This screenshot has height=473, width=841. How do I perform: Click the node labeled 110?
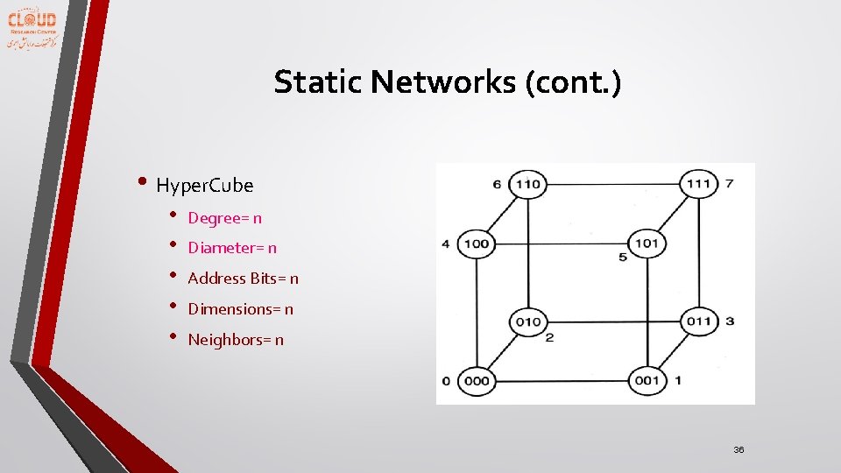pyautogui.click(x=527, y=184)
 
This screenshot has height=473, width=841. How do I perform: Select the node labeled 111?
pyautogui.click(x=698, y=184)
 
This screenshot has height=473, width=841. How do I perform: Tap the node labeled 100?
pyautogui.click(x=476, y=244)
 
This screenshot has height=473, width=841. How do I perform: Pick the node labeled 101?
pyautogui.click(x=647, y=244)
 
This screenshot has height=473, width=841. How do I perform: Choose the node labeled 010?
pyautogui.click(x=527, y=321)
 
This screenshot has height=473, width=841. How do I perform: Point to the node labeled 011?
pyautogui.click(x=698, y=321)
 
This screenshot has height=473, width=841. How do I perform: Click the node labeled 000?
pyautogui.click(x=476, y=381)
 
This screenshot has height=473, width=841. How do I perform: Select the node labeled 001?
pyautogui.click(x=647, y=381)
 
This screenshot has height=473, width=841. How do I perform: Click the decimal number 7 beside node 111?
pyautogui.click(x=729, y=183)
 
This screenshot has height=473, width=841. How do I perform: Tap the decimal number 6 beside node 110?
pyautogui.click(x=497, y=184)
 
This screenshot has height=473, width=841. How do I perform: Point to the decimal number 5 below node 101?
pyautogui.click(x=623, y=258)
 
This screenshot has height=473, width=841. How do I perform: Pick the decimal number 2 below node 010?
pyautogui.click(x=549, y=337)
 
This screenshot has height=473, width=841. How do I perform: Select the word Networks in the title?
pyautogui.click(x=443, y=82)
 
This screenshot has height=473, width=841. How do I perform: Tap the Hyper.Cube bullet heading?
pyautogui.click(x=204, y=186)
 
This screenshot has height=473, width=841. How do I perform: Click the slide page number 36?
pyautogui.click(x=739, y=449)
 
